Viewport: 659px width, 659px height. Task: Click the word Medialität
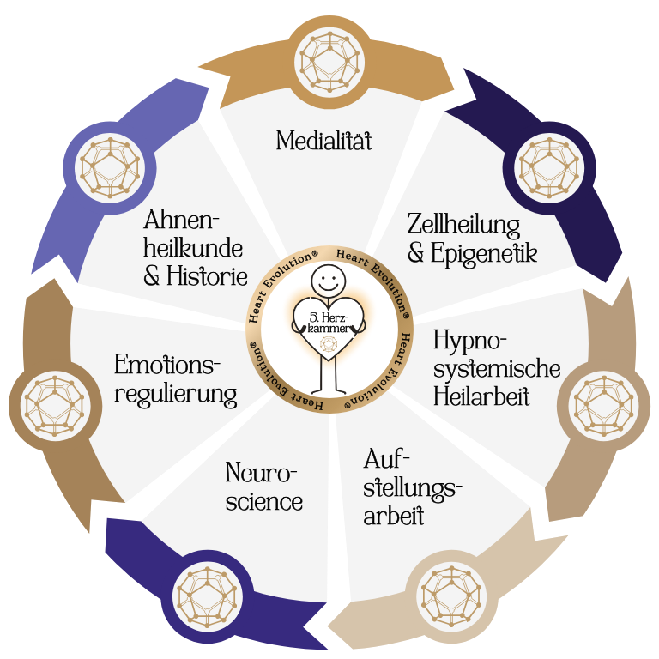point(323,141)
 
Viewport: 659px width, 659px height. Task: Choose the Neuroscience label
point(264,487)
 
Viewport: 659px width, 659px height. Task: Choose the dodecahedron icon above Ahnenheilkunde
point(109,166)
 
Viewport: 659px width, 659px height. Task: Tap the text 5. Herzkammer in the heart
point(329,323)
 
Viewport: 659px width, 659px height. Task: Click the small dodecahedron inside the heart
point(329,346)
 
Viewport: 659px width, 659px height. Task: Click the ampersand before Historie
point(154,278)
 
